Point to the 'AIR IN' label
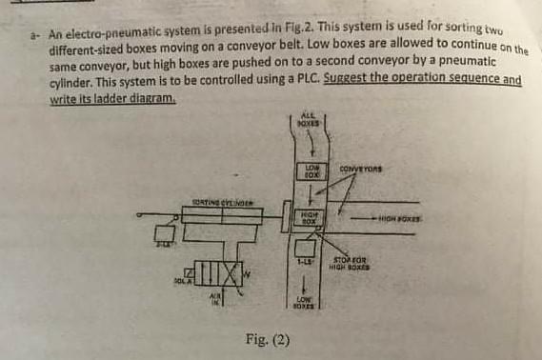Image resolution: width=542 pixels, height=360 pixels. (215, 301)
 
